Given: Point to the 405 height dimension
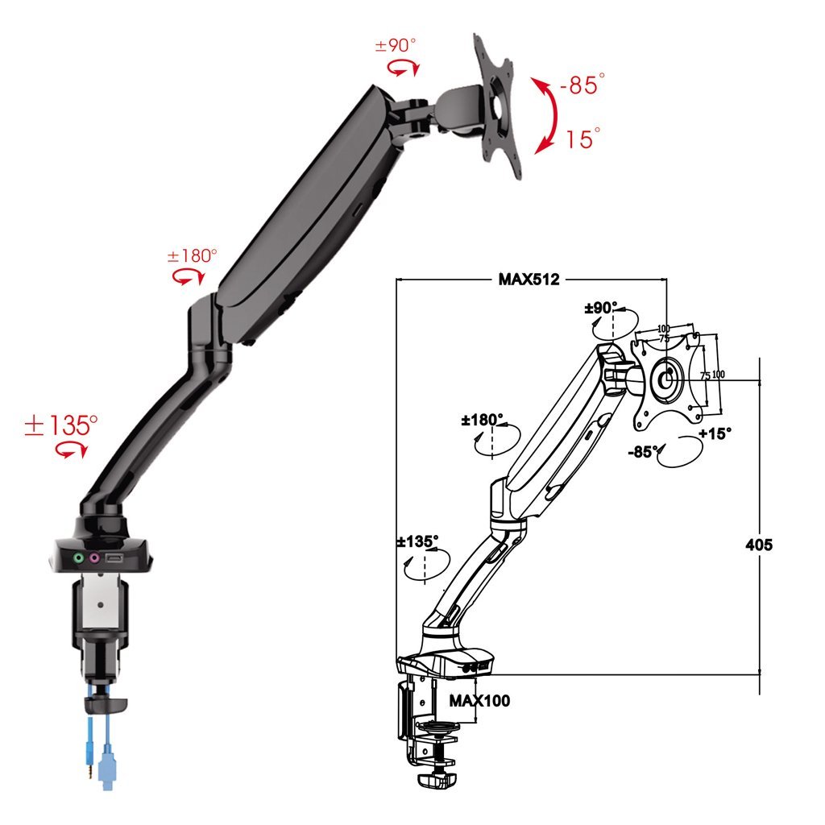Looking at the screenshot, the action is click(759, 545).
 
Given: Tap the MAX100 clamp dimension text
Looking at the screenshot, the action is click(479, 700).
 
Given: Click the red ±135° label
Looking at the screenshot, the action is click(61, 425).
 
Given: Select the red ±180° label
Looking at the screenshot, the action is click(192, 255).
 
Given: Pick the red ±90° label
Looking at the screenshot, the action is click(396, 45).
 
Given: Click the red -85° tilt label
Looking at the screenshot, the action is click(582, 84).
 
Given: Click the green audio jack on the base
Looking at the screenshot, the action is click(79, 558).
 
